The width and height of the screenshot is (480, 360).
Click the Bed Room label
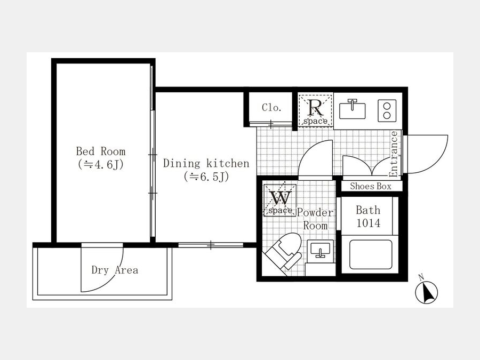(101, 151)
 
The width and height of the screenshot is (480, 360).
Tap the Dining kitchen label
(206, 163)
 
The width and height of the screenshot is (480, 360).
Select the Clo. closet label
(271, 107)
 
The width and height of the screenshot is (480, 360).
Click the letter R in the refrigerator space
(316, 107)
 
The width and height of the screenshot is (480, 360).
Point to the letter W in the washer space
(280, 198)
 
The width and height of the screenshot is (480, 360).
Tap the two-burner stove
(387, 110)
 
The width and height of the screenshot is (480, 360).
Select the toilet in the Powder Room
(283, 253)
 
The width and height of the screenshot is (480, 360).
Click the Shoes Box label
(371, 186)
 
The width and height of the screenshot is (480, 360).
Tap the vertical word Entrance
(394, 154)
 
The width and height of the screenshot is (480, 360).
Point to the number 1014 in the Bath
(369, 223)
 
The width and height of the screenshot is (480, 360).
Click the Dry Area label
(115, 270)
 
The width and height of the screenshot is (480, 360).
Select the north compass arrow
(427, 292)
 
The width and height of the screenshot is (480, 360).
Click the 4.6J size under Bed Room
(101, 165)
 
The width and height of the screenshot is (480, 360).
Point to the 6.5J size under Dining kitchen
(206, 177)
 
